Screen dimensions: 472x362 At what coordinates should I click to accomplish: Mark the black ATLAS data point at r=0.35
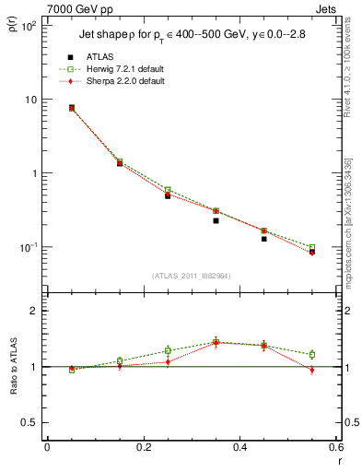[x=216, y=221]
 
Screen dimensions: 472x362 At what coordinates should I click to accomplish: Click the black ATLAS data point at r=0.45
[x=263, y=239]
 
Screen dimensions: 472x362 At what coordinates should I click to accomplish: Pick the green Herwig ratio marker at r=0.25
[x=168, y=350]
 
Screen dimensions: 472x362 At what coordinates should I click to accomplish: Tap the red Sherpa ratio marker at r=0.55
[x=312, y=370]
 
